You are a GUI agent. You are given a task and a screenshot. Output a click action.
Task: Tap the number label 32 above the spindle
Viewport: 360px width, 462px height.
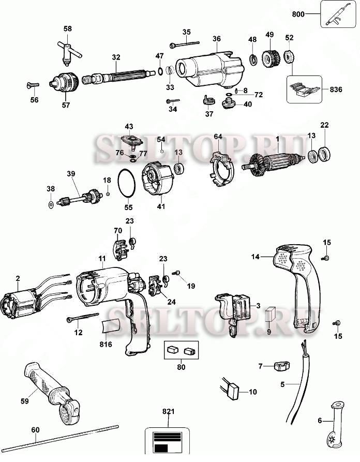pos(116,57)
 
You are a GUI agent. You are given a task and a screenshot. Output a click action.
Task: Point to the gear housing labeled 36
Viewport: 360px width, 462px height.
pos(210,70)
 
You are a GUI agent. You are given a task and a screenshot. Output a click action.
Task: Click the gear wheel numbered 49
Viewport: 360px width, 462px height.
pos(271,59)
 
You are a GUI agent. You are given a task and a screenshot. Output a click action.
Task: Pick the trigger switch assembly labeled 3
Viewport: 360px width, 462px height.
pos(235,312)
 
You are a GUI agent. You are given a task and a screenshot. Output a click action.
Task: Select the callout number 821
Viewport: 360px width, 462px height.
pos(168,411)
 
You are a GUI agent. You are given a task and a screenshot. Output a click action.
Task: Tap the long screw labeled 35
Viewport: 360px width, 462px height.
pos(185,44)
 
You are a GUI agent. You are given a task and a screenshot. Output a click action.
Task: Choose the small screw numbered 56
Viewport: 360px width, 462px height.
pos(33,85)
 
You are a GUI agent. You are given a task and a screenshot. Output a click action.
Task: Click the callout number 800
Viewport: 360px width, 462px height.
pos(298,14)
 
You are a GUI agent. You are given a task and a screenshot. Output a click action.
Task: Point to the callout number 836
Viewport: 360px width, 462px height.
pos(336,90)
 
